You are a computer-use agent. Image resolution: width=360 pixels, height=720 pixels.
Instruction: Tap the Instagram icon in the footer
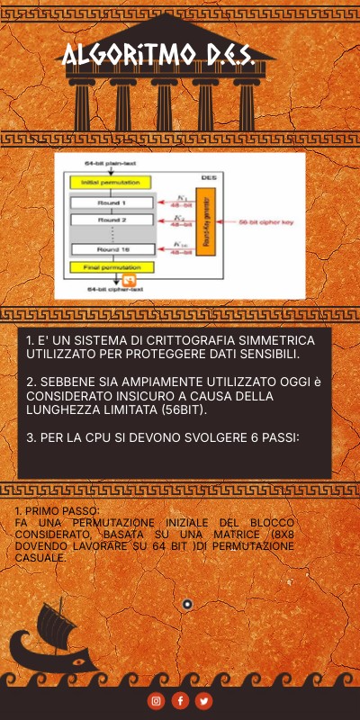coord(156,700)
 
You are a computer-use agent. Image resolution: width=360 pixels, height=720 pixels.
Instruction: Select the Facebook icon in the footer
coord(180,700)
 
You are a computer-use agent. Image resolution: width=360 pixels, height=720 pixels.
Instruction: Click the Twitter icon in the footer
coord(204,700)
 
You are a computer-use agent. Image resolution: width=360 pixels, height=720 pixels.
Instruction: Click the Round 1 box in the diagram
coord(112,203)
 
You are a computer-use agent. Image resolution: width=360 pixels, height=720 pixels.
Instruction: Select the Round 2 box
coord(112,220)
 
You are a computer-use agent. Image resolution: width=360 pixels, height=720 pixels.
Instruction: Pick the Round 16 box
coord(112,249)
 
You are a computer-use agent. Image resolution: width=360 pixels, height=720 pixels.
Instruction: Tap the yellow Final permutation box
coord(112,267)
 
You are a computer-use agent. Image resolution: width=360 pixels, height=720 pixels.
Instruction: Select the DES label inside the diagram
coord(208,177)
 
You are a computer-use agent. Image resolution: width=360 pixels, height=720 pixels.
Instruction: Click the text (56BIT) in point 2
coord(179,409)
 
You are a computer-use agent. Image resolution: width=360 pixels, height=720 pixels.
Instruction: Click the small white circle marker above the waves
coord(187,604)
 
